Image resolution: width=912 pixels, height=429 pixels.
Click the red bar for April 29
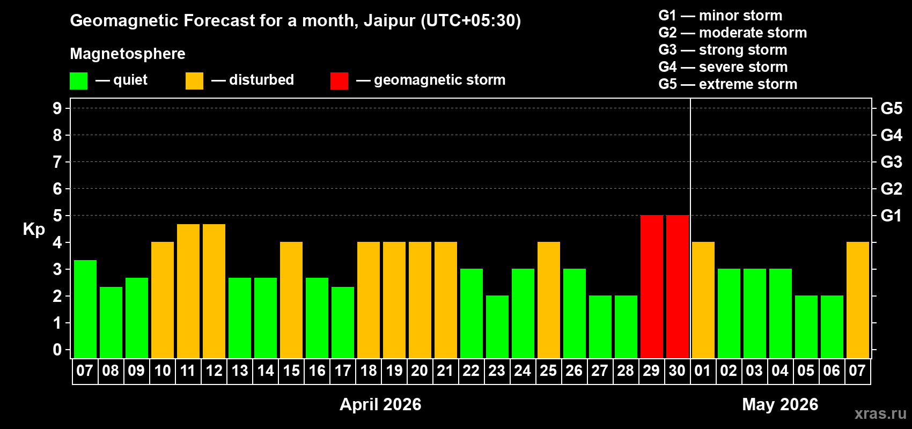[651, 287]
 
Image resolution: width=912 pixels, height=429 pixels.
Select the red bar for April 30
[677, 287]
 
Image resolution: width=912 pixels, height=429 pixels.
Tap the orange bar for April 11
[188, 291]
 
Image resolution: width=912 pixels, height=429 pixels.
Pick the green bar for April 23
[497, 327]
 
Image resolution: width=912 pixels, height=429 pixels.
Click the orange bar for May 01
[703, 300]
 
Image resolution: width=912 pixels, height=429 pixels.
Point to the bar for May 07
[857, 300]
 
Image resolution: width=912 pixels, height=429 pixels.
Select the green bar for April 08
[111, 322]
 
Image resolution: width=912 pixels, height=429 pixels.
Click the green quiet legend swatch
[78, 81]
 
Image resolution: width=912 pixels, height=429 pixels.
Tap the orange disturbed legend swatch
[194, 81]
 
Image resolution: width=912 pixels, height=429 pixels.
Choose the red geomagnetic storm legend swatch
[339, 81]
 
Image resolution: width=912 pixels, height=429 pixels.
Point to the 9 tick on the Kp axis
[57, 108]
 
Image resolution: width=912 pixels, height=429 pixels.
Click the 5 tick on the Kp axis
[57, 216]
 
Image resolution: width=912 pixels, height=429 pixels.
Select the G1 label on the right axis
[891, 216]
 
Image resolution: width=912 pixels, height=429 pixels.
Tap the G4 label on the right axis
[891, 135]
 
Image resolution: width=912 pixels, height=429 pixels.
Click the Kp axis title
[34, 229]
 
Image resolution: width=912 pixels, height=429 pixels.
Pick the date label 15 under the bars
[291, 371]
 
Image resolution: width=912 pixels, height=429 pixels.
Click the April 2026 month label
[380, 404]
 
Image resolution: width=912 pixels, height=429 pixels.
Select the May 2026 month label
[780, 404]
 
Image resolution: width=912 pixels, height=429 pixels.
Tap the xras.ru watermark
[880, 413]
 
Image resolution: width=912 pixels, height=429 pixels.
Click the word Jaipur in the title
[389, 20]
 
